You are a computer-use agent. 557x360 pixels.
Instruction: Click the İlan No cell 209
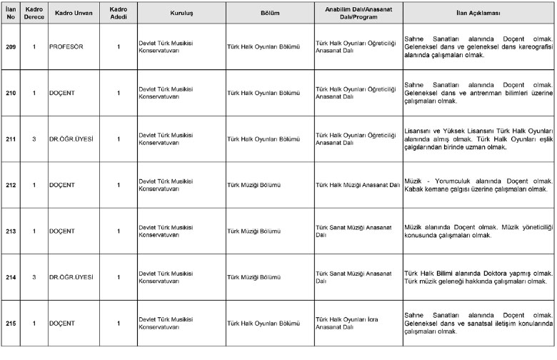coord(11,46)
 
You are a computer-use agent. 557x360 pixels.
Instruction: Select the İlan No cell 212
coord(11,184)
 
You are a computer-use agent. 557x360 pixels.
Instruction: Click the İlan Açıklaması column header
coord(478,13)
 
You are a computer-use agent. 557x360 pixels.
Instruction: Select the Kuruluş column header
coord(181,13)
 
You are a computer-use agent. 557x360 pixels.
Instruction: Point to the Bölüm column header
coord(269,13)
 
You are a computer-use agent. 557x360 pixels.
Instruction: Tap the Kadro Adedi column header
coord(119,13)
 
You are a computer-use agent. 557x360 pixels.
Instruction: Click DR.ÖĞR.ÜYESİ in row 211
coord(71,139)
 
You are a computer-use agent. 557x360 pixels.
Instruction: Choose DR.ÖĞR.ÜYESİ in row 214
coord(71,276)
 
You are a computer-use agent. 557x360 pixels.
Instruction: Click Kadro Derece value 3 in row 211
coord(34,139)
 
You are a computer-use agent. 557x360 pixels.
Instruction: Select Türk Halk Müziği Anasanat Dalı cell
coord(356,185)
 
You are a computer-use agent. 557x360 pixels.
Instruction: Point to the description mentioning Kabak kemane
coord(478,185)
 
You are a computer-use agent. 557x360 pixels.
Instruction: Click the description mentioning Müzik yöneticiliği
coord(478,231)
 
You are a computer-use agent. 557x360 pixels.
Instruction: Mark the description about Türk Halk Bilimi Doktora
coord(478,277)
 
